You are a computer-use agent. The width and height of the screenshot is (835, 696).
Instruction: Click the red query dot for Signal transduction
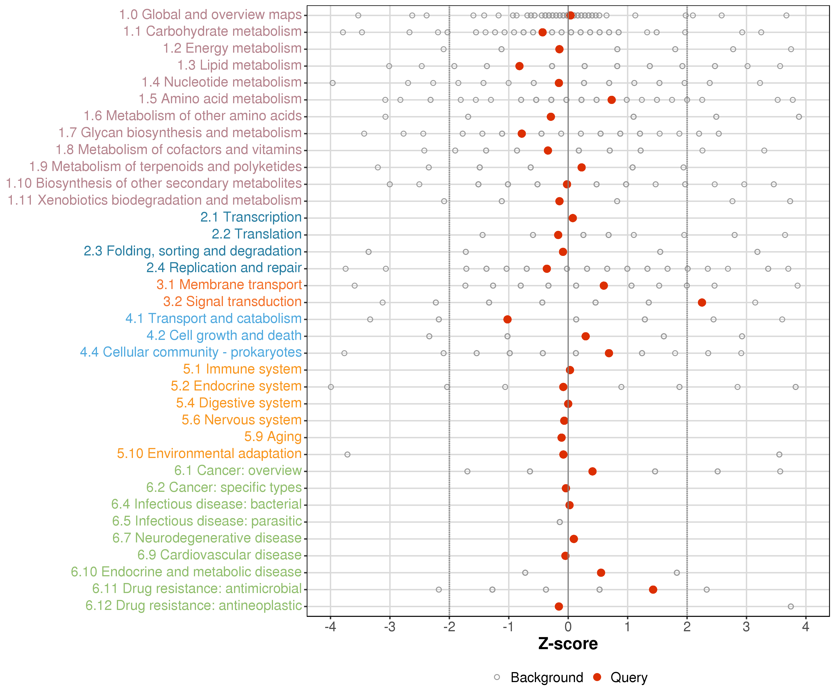pyautogui.click(x=702, y=303)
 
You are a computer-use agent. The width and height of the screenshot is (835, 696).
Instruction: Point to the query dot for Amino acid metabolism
pyautogui.click(x=612, y=100)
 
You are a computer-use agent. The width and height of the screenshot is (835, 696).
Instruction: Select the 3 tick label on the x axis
pyautogui.click(x=746, y=627)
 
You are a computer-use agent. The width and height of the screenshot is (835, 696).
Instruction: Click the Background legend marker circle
pyautogui.click(x=497, y=677)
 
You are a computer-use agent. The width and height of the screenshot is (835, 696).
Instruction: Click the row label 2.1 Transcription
pyautogui.click(x=251, y=217)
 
